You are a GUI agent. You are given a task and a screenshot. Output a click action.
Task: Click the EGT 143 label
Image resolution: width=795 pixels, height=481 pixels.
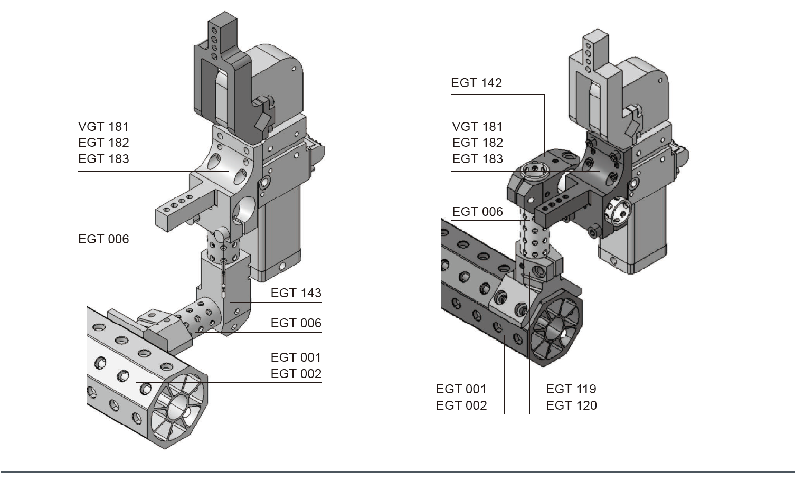(x=296, y=293)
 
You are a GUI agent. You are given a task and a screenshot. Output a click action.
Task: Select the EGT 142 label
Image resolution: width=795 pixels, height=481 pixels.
(x=476, y=83)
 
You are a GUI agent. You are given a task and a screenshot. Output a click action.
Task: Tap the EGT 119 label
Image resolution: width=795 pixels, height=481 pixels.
(x=571, y=389)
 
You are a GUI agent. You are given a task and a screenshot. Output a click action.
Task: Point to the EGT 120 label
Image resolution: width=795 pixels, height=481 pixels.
(x=571, y=405)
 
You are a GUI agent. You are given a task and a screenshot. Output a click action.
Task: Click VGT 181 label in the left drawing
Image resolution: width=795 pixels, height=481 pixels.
(x=103, y=127)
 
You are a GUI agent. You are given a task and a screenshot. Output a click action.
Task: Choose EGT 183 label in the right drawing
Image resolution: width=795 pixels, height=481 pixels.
(x=477, y=159)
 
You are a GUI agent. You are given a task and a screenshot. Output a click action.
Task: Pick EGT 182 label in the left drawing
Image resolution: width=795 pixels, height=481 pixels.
(x=103, y=143)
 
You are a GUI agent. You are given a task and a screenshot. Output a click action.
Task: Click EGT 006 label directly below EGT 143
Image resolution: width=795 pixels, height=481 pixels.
(x=296, y=323)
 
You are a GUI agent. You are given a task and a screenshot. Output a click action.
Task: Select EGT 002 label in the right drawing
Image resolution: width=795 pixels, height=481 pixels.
(x=461, y=405)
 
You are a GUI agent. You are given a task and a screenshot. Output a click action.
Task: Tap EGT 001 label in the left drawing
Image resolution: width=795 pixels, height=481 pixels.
(x=296, y=357)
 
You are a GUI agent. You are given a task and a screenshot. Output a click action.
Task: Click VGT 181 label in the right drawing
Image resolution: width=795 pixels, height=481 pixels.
(x=477, y=127)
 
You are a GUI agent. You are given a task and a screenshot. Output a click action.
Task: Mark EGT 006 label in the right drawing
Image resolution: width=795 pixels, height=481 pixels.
(x=477, y=212)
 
